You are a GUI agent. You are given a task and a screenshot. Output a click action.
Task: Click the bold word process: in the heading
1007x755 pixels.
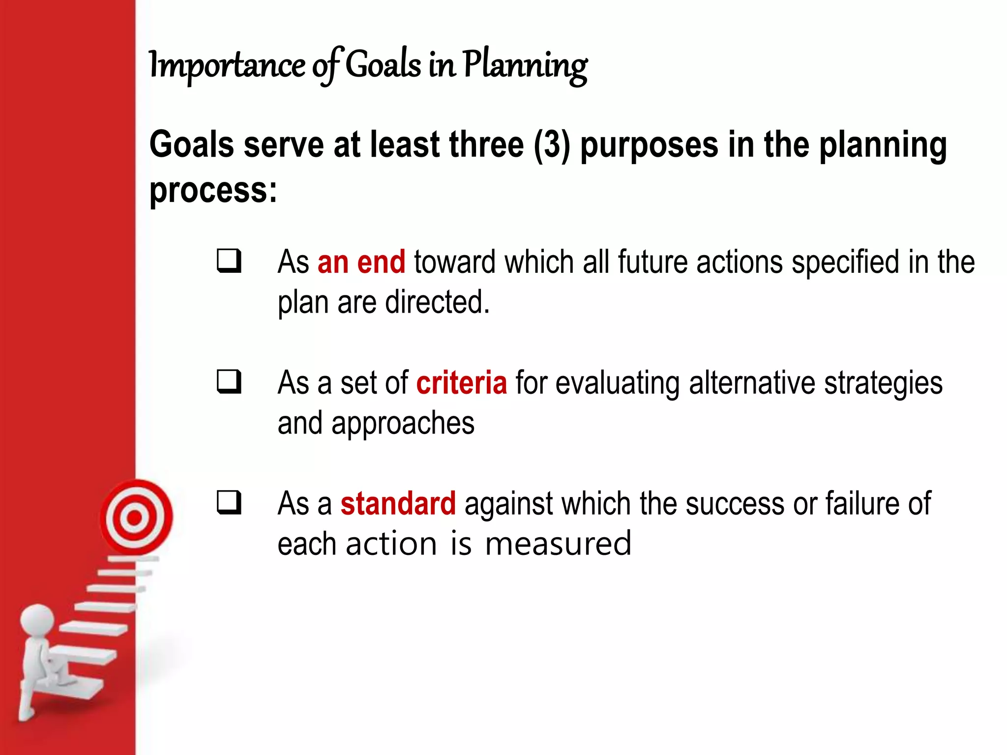(213, 191)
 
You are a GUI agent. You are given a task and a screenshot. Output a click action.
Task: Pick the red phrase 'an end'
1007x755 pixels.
(361, 261)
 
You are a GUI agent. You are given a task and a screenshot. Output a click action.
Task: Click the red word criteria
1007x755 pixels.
(461, 383)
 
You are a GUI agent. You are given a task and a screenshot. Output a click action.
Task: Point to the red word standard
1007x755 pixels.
(398, 503)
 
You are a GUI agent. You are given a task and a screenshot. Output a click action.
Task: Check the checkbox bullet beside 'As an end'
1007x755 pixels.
(230, 261)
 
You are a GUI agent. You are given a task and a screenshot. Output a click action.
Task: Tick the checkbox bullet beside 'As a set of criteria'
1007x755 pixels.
(230, 381)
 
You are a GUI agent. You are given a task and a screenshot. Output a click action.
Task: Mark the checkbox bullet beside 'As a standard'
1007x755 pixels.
(230, 502)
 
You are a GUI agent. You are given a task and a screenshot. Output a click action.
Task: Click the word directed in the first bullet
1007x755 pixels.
(437, 302)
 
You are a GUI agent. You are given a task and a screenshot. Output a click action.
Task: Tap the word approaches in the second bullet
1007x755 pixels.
(403, 423)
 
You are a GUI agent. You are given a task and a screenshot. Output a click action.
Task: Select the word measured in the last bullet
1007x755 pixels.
(558, 544)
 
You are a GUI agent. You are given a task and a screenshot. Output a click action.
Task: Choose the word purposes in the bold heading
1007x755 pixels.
(649, 145)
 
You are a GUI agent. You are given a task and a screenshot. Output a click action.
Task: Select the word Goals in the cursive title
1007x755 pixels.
(384, 65)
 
